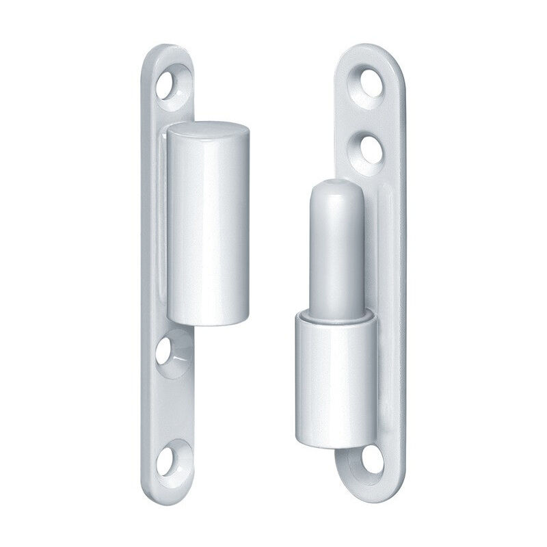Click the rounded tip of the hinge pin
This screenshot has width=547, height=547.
tap(334, 191)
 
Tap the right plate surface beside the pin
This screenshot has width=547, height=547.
tap(383, 260)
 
